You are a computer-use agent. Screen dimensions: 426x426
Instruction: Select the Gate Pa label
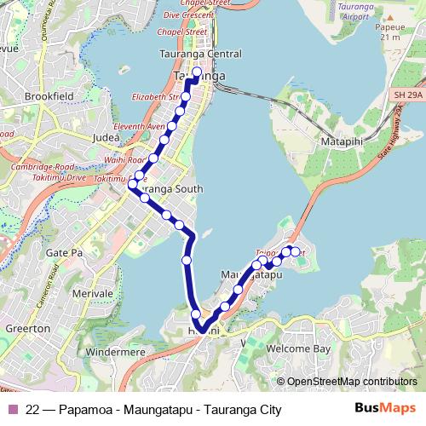(x=62, y=254)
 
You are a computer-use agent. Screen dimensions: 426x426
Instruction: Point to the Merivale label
(x=93, y=293)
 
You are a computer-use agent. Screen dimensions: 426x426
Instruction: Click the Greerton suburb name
(x=26, y=328)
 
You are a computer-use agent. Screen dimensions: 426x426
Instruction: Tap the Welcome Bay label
(x=297, y=348)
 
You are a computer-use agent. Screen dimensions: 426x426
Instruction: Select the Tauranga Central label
(x=200, y=54)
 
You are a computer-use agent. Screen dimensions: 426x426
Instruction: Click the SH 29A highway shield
(x=408, y=95)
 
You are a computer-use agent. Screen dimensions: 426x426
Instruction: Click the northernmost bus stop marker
(x=198, y=72)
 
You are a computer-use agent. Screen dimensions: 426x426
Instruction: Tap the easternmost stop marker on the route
(x=296, y=251)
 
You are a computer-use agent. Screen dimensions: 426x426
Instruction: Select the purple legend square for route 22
(x=12, y=410)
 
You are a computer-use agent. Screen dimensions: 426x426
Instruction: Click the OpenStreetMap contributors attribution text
(x=351, y=382)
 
